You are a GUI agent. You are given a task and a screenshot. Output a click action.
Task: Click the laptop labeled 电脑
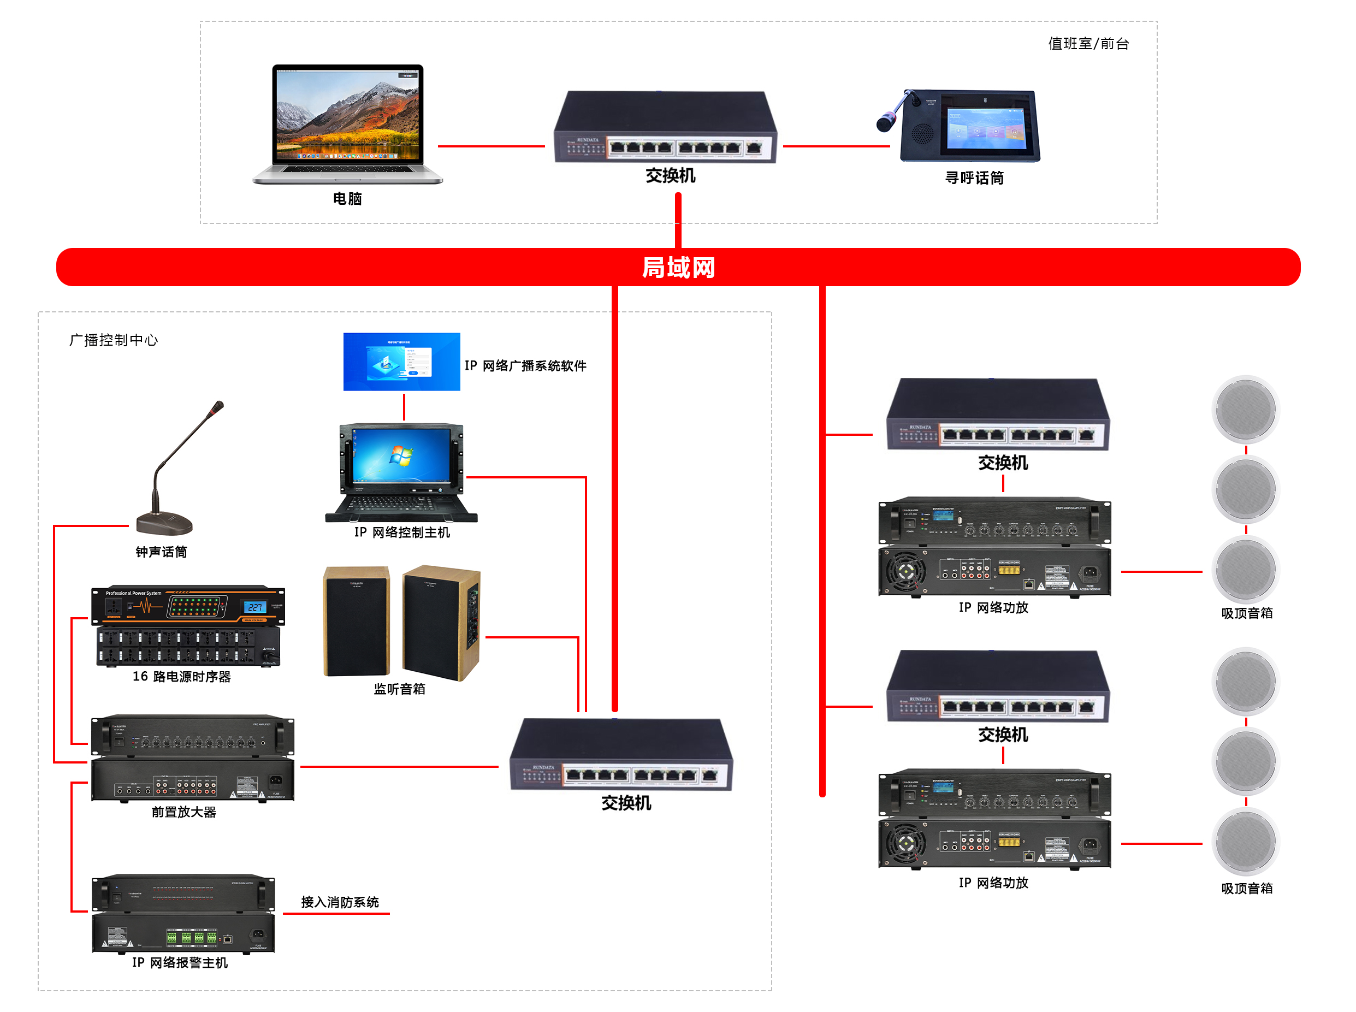pos(347,122)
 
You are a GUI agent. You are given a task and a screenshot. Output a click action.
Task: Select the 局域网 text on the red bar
pos(678,268)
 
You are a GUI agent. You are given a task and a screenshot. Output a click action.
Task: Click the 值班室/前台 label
pos(1088,44)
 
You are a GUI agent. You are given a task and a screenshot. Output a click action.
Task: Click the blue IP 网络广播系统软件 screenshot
pos(401,362)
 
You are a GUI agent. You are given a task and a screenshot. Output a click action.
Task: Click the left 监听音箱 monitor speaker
pos(356,621)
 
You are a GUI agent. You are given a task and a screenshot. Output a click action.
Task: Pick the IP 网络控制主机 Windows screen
pos(401,457)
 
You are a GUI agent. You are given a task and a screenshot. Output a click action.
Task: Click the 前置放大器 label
pos(183,812)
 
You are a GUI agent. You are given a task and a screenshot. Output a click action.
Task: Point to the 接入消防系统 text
pos(340,902)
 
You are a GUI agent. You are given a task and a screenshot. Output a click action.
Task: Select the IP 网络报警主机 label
pos(180,962)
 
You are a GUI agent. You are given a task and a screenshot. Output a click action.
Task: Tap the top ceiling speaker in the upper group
pos(1245,409)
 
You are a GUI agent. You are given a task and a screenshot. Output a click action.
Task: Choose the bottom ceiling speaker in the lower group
pos(1245,842)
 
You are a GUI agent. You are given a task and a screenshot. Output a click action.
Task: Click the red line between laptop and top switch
pos(490,146)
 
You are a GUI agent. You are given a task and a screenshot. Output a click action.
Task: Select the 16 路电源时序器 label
pos(181,676)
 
